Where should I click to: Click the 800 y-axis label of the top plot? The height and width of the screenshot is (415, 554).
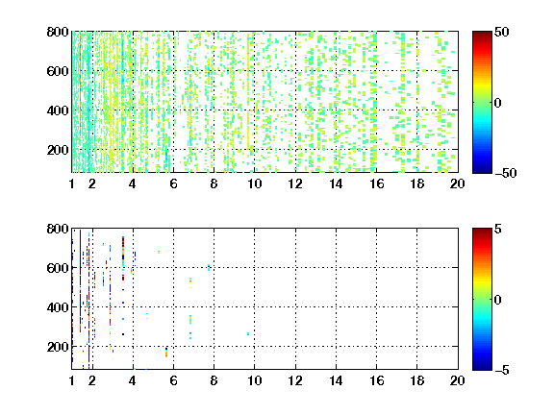[58, 32]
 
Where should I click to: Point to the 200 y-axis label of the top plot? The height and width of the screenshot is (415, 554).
[58, 150]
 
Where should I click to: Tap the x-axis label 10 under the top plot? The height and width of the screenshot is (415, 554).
[254, 183]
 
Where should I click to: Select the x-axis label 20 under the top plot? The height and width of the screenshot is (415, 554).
[457, 183]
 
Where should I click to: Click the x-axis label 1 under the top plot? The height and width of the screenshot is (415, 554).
[72, 183]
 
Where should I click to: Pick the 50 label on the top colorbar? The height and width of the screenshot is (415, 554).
[501, 33]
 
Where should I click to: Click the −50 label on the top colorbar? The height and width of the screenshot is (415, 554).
[506, 173]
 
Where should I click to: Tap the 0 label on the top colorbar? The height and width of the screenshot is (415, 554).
[498, 103]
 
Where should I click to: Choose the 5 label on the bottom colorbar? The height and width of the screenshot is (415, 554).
[498, 230]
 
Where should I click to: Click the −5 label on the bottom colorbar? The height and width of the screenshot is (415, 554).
[502, 370]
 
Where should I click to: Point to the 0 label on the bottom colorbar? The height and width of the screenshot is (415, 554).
[498, 300]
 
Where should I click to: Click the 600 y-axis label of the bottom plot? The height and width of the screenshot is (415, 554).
[58, 268]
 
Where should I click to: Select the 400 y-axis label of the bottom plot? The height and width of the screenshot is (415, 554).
[58, 307]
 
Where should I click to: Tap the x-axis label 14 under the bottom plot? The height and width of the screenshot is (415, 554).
[336, 380]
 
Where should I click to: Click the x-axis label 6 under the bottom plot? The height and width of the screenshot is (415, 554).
[173, 380]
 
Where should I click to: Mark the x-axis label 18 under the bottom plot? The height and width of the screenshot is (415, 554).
[416, 380]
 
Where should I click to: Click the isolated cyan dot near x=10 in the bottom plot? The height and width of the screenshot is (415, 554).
[248, 334]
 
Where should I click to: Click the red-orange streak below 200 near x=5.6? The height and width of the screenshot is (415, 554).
[166, 353]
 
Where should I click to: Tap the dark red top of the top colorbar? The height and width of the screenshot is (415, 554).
[482, 35]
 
